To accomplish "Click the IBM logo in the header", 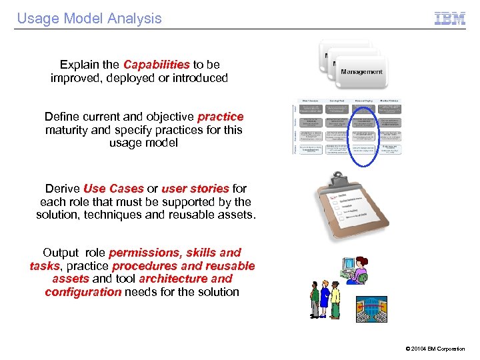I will click(450, 19).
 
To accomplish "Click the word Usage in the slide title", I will click(37, 19).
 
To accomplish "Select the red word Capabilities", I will click(157, 65).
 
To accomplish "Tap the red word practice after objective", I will click(221, 117).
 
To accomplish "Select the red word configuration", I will click(83, 292).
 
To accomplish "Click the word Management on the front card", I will click(362, 72).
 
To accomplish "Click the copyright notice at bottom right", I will click(435, 349).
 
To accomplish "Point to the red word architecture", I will click(174, 279).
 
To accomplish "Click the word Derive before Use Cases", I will click(63, 189).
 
